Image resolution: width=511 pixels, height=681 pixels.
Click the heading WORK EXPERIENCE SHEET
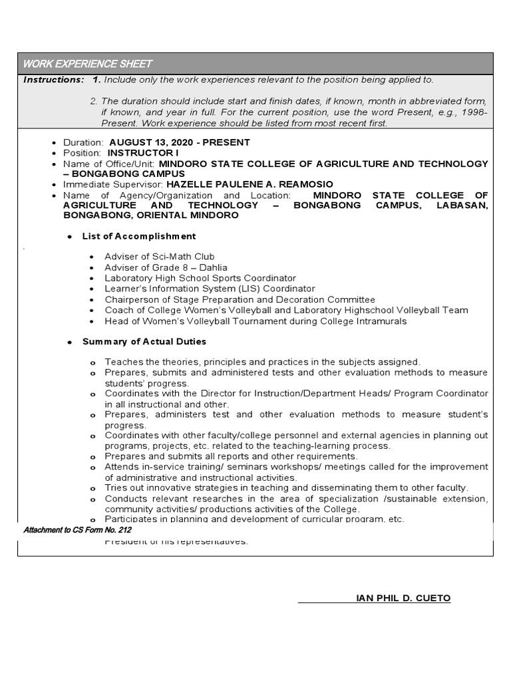coord(87,64)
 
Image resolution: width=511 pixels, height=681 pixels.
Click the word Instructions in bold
coord(53,80)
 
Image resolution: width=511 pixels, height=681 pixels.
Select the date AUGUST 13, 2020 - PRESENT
coord(179,142)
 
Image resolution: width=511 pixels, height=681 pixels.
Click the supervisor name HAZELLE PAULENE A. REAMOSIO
coord(250,184)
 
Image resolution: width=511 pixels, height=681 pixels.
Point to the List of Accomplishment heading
coord(138,236)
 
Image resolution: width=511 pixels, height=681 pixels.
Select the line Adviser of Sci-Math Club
coord(159,257)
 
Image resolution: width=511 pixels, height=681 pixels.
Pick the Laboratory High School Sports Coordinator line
coord(200,278)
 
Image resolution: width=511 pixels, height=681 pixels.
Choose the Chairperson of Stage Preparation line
coord(240,299)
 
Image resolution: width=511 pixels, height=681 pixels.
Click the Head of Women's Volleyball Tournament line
coord(255,321)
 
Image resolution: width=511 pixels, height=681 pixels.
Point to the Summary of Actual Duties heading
coord(144,342)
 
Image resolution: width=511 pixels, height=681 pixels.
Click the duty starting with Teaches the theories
coord(262,362)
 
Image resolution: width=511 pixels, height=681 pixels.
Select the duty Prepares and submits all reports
coord(231,456)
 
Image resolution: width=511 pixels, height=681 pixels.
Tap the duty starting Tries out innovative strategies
coord(286,487)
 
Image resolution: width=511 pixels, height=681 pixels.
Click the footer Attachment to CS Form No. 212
coord(77,530)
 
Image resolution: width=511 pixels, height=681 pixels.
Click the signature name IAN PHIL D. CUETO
coord(403,599)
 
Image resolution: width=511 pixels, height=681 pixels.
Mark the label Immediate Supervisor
coord(113,184)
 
